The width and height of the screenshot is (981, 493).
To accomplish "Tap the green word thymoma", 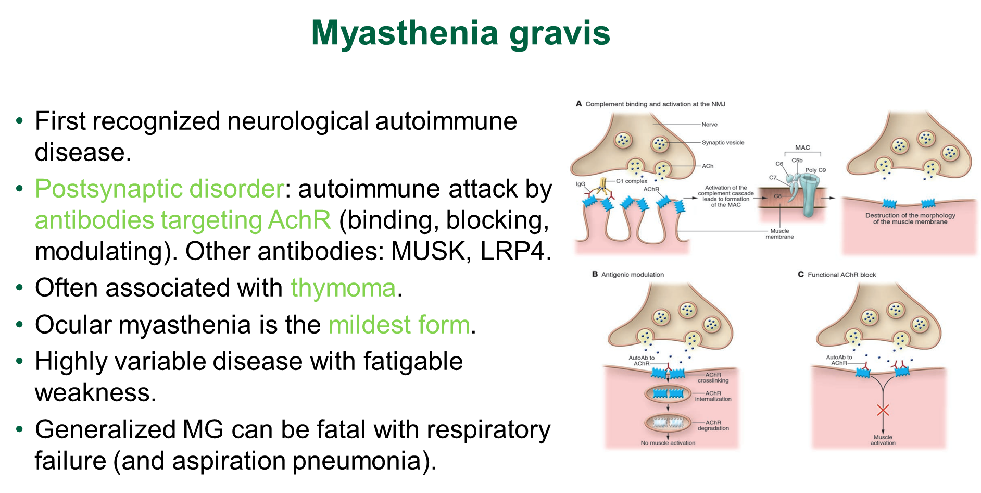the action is (x=343, y=288).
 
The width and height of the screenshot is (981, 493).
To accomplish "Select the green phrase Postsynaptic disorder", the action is (x=159, y=189).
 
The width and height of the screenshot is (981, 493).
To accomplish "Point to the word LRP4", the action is (x=512, y=251).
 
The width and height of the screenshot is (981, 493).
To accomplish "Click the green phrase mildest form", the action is (x=399, y=325).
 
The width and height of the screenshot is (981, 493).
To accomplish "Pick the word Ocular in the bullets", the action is (x=73, y=325).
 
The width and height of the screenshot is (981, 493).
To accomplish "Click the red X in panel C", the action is (x=883, y=410).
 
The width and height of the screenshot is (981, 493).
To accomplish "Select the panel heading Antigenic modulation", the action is (x=633, y=275).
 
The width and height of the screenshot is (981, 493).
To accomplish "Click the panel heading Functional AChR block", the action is (x=841, y=275).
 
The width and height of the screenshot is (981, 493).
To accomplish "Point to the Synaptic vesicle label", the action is (x=723, y=143).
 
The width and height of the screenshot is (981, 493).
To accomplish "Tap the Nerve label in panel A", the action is (x=709, y=125).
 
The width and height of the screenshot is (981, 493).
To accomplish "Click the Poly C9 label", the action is (x=815, y=170).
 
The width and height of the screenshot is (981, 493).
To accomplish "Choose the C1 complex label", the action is (x=632, y=181).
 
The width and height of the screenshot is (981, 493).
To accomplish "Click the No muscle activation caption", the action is (x=668, y=443).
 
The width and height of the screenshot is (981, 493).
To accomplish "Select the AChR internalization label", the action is (x=713, y=396).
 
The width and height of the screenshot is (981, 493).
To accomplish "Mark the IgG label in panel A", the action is (x=581, y=184).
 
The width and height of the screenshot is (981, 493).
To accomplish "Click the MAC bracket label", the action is (x=802, y=147).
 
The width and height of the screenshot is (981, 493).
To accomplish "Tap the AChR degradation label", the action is (x=713, y=425).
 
